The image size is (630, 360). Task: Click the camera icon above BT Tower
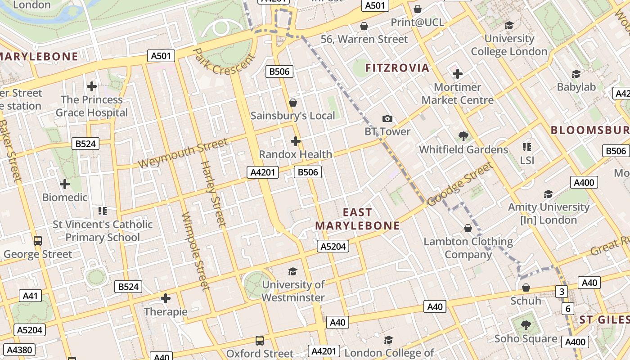(x=387, y=119)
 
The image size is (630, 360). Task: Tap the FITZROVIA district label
(x=397, y=68)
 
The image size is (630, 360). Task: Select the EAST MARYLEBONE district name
(x=358, y=219)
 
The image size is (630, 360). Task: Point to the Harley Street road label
(x=212, y=193)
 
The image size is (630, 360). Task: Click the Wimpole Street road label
(x=195, y=251)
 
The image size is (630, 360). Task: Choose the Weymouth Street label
(x=183, y=154)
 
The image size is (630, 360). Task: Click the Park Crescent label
(x=224, y=63)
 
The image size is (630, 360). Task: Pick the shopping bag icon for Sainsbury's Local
(x=293, y=103)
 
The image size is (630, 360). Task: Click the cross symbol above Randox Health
(x=295, y=141)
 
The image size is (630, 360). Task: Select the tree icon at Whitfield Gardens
(x=463, y=136)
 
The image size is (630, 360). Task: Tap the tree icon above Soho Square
(x=526, y=325)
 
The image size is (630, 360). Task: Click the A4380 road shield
(x=19, y=350)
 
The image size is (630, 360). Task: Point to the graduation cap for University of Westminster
(x=292, y=271)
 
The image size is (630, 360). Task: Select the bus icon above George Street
(x=38, y=240)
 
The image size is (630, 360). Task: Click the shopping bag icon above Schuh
(x=526, y=287)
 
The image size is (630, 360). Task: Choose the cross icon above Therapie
(x=165, y=298)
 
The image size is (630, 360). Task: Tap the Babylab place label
(x=576, y=87)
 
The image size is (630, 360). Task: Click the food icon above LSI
(x=527, y=147)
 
